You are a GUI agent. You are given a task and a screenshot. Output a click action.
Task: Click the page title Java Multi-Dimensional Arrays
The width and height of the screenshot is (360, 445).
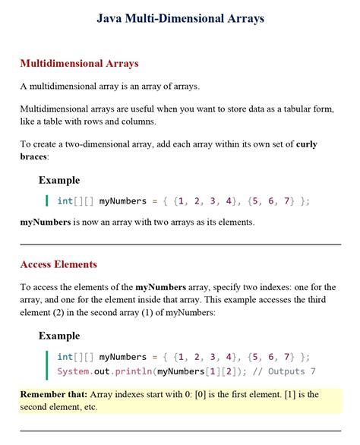pyautogui.click(x=180, y=18)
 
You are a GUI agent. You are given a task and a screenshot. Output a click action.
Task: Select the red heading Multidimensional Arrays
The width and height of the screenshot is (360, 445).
pyautogui.click(x=79, y=63)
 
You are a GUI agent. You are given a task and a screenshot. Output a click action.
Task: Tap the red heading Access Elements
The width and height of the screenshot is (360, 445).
pyautogui.click(x=58, y=264)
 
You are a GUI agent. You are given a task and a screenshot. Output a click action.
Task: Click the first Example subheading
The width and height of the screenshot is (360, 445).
pyautogui.click(x=59, y=180)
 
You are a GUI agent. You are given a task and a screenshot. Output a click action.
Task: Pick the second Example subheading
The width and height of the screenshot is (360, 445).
pyautogui.click(x=59, y=335)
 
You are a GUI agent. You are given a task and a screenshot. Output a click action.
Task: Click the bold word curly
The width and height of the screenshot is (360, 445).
pyautogui.click(x=306, y=144)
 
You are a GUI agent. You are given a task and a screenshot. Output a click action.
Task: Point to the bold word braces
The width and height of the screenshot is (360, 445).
pyautogui.click(x=33, y=156)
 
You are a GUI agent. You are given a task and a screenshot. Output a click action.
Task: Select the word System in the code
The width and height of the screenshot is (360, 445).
pyautogui.click(x=74, y=371)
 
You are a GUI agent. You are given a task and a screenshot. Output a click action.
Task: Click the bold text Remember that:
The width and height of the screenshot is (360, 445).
pyautogui.click(x=53, y=394)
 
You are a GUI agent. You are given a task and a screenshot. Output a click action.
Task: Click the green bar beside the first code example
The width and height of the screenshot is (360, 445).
pyautogui.click(x=47, y=200)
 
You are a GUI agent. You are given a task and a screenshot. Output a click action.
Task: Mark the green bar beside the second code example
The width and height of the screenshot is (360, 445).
pyautogui.click(x=47, y=364)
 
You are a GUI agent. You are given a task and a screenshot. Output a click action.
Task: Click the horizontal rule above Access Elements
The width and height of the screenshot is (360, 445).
pyautogui.click(x=180, y=244)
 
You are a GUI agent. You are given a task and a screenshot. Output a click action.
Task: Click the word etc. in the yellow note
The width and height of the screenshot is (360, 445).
pyautogui.click(x=87, y=406)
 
